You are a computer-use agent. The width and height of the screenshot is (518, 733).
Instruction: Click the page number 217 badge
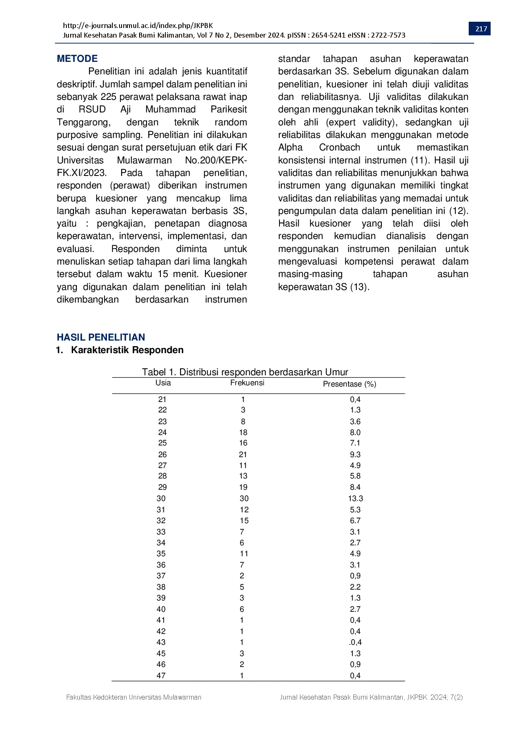point(481,29)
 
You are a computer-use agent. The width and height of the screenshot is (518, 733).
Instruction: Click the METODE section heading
point(77,59)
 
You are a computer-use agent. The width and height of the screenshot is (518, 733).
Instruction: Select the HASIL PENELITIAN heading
point(101,337)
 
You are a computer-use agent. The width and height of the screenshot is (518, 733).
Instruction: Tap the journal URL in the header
point(138,25)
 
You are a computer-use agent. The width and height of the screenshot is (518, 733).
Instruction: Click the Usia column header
point(163,383)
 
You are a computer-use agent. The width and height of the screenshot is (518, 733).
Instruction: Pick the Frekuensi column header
point(247,383)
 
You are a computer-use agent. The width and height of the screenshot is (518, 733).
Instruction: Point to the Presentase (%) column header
point(350,384)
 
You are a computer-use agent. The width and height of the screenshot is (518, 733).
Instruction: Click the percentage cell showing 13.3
point(355,499)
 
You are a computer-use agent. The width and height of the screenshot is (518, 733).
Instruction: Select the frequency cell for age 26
point(243,455)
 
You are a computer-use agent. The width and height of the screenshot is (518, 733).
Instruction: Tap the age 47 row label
point(161,675)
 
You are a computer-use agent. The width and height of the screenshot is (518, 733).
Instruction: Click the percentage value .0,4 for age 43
point(355,642)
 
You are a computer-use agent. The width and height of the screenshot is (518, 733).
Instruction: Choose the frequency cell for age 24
point(243,433)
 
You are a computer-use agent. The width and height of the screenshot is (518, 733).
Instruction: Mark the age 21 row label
point(163,400)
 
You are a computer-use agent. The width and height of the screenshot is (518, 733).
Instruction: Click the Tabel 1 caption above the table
point(245,372)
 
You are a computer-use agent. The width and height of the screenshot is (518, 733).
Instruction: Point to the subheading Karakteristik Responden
point(127,350)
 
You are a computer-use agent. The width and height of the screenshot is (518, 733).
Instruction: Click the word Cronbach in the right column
point(339,148)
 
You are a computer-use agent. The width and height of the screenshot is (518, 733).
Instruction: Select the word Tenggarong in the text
point(83,122)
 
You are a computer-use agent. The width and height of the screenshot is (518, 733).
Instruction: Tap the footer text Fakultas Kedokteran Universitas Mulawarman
point(134,697)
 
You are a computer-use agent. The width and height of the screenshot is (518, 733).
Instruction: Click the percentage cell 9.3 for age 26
point(355,455)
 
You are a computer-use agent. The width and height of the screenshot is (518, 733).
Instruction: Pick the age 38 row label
point(161,587)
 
